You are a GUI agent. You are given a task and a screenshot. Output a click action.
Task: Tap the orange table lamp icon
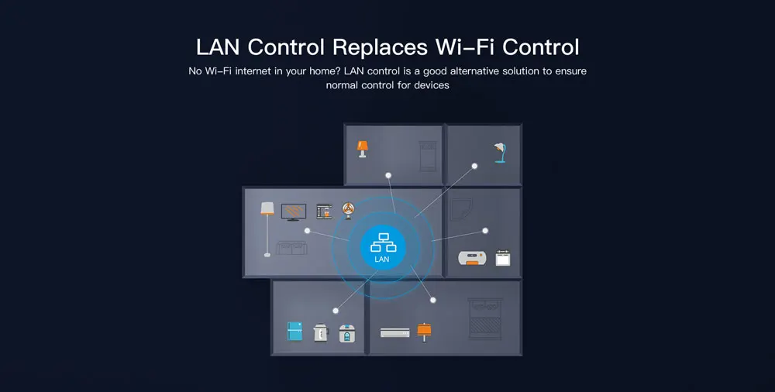(x=361, y=148)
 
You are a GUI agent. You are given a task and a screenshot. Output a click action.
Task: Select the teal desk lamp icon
(x=500, y=152)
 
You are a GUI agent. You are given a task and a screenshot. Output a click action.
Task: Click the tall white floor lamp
(x=267, y=227)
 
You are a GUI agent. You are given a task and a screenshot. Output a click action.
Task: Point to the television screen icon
(x=294, y=211)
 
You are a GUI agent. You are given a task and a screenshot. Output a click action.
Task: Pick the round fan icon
(x=350, y=209)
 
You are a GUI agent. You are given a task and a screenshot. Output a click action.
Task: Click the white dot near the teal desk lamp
(x=474, y=164)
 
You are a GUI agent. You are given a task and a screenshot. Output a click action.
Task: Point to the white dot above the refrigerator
(x=336, y=311)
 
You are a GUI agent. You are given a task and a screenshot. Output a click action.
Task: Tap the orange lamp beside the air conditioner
(x=423, y=332)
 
